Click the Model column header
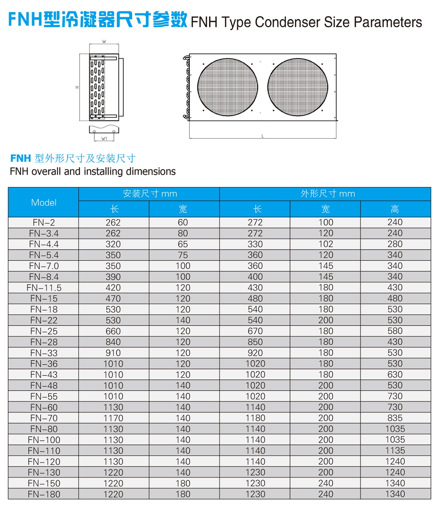[x=44, y=202]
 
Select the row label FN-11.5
[x=44, y=288]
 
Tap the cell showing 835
[x=395, y=418]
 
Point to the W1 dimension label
[x=104, y=139]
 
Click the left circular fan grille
[x=228, y=87]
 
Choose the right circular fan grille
[x=298, y=87]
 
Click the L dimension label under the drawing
[x=262, y=136]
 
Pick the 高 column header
[x=395, y=209]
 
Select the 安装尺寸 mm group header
[x=150, y=194]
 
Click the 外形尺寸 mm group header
[x=328, y=194]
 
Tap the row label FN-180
[x=44, y=494]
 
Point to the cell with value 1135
[x=395, y=451]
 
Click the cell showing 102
[x=326, y=244]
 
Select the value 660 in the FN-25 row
[x=113, y=331]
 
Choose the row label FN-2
[x=44, y=223]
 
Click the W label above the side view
[x=104, y=41]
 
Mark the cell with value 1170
[x=113, y=418]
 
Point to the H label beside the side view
[x=77, y=87]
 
